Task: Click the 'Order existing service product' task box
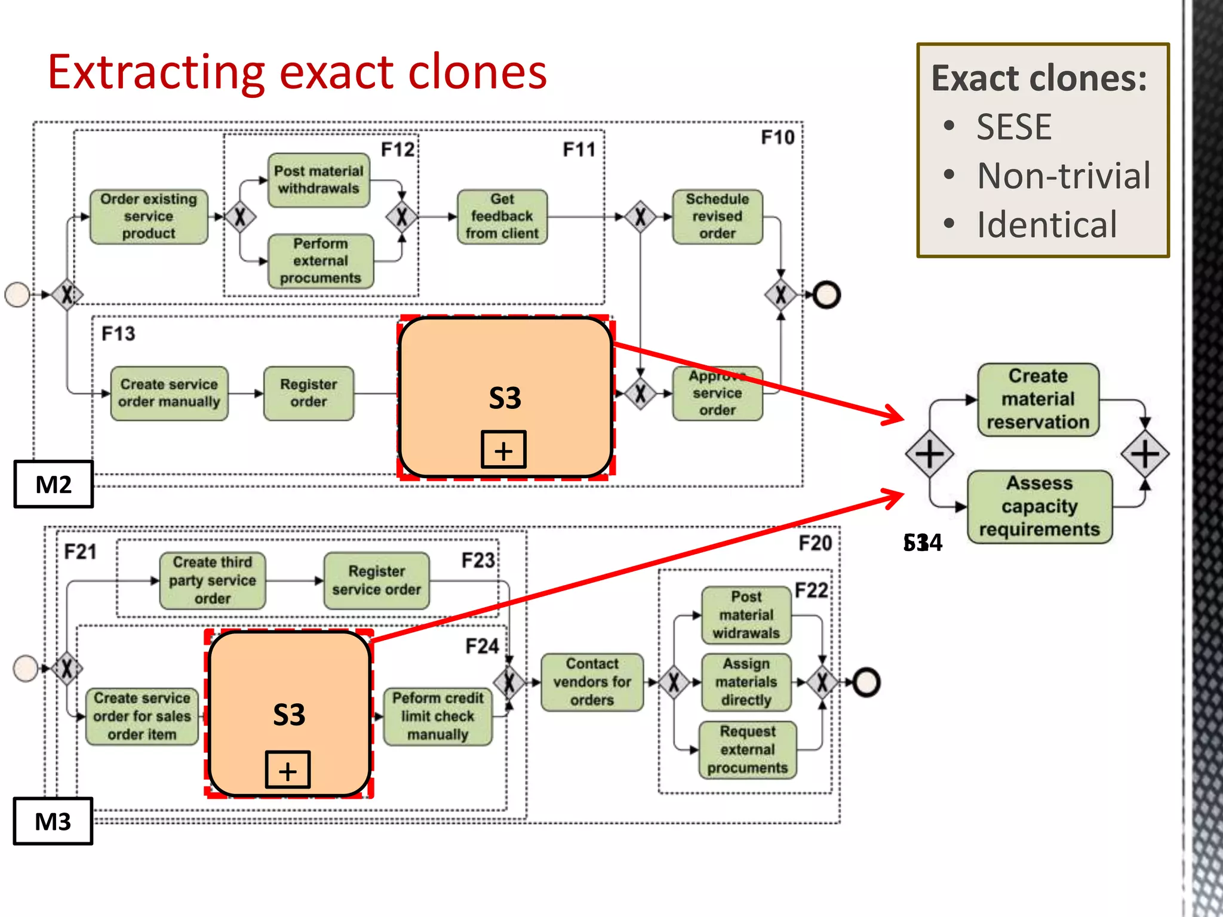coord(149,216)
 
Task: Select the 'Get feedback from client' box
coord(502,216)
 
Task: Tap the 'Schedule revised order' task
coord(717,216)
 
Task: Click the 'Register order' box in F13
coord(308,393)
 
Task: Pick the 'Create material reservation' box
coord(1038,399)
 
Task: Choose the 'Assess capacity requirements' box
coord(1039,506)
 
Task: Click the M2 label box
coord(53,484)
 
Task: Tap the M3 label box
coord(53,821)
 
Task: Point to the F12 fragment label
coord(398,149)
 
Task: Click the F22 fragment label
coord(811,590)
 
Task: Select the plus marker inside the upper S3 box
coord(503,450)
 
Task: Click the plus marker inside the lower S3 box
coord(287,770)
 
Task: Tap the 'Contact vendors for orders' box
coord(592,682)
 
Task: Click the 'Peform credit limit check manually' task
coord(437,716)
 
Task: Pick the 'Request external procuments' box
coord(747,750)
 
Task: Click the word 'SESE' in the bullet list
coord(1013,127)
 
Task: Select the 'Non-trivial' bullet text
coord(1063,176)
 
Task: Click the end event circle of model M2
coord(826,295)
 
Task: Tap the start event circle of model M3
coord(26,668)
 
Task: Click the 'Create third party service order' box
coord(212,580)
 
